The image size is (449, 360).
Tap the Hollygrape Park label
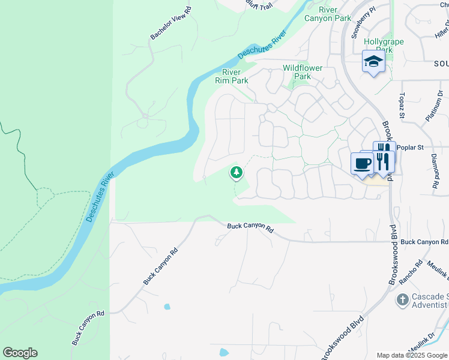tap(384, 46)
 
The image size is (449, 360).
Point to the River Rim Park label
tap(232, 76)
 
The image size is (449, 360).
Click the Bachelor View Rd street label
tap(170, 23)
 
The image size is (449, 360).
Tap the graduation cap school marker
tap(373, 62)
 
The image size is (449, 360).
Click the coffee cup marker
tap(363, 164)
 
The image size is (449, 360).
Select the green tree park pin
tap(237, 173)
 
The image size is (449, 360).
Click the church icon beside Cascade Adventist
tap(403, 298)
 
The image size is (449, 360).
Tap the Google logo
tap(20, 353)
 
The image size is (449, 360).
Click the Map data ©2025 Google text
tap(411, 355)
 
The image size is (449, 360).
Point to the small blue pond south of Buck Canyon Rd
tap(167, 307)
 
